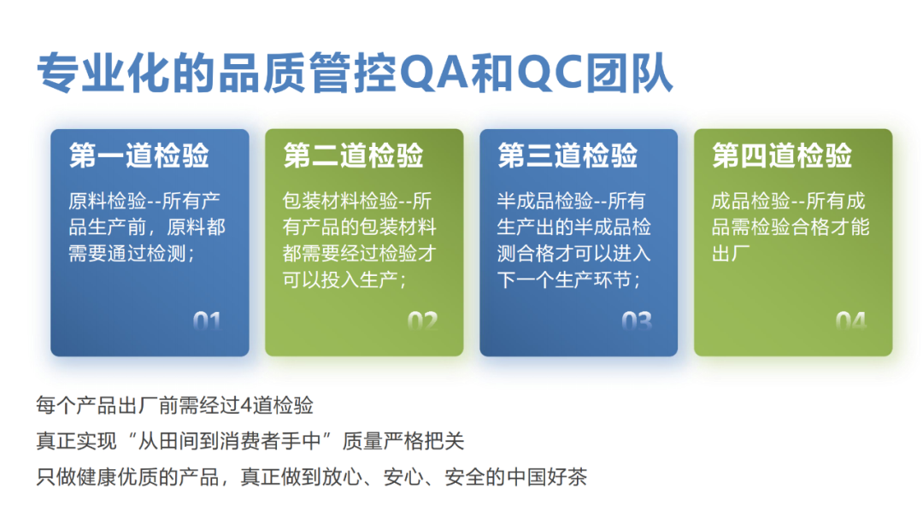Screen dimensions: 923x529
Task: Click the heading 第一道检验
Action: pos(139,156)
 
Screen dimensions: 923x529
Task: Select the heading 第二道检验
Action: pos(353,156)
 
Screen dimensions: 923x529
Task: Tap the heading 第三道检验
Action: pos(567,156)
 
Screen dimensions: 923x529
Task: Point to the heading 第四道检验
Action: pos(782,156)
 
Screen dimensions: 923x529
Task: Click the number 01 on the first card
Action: pos(207,321)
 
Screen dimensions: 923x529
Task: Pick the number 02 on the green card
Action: pos(422,321)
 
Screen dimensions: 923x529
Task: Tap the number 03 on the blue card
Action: pos(637,321)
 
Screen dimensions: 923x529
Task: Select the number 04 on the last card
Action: pos(850,321)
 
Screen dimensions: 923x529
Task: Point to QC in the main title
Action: pos(550,73)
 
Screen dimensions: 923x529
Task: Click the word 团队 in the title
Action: pos(629,73)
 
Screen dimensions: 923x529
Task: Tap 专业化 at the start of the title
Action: pos(103,73)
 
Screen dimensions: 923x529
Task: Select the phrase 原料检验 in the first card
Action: pos(107,201)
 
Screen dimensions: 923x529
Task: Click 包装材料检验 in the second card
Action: pos(340,201)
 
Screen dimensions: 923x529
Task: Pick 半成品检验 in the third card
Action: pos(545,201)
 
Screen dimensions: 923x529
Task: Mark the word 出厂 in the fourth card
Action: pos(731,254)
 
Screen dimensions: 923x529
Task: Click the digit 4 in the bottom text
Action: pos(246,405)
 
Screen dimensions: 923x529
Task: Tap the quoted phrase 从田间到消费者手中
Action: pos(230,441)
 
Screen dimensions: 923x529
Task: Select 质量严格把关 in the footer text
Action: pos(403,441)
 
